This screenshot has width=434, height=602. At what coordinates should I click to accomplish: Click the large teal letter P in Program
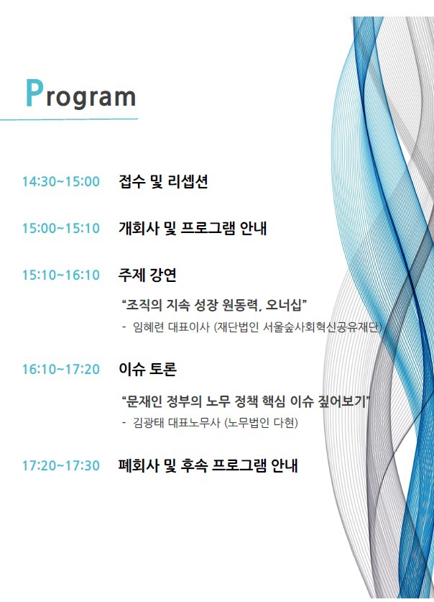34,93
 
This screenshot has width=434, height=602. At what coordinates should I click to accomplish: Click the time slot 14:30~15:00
61,181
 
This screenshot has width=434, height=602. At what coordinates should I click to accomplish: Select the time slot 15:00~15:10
61,228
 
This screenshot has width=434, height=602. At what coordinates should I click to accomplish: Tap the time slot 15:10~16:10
61,275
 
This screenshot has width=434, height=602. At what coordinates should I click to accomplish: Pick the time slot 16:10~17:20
61,370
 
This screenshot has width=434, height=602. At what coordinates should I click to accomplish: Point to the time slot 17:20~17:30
61,466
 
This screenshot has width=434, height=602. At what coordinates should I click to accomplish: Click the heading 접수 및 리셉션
163,181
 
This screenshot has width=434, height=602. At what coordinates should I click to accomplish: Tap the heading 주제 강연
147,275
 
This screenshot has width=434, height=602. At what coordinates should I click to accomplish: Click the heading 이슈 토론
147,370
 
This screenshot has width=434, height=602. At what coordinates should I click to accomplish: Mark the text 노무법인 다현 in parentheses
261,423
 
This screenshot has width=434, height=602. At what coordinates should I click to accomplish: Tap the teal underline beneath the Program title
69,119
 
